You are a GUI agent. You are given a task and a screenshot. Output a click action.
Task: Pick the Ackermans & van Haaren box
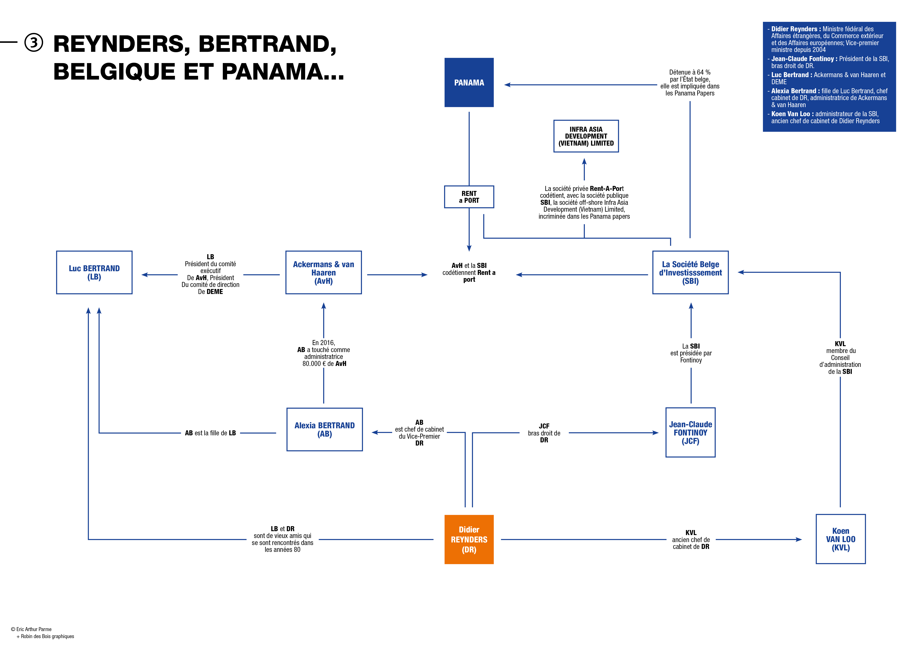(x=323, y=273)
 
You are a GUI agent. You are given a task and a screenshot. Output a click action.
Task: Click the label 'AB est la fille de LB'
(x=210, y=433)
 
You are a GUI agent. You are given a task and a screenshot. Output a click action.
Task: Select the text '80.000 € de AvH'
(x=324, y=364)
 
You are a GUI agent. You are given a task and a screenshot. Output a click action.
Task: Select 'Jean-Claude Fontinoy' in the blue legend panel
(x=803, y=59)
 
